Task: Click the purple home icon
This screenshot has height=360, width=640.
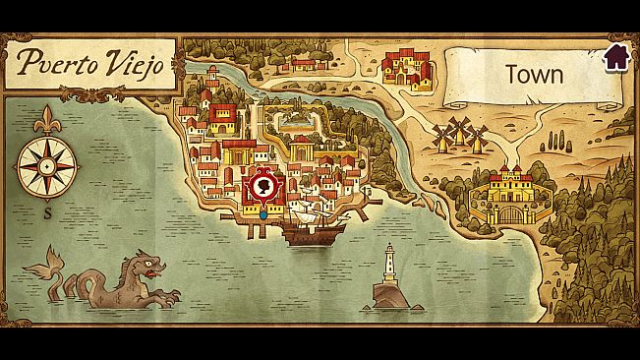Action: (x=616, y=56)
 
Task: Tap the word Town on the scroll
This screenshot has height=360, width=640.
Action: (x=533, y=74)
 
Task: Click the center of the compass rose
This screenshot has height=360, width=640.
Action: (x=43, y=164)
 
